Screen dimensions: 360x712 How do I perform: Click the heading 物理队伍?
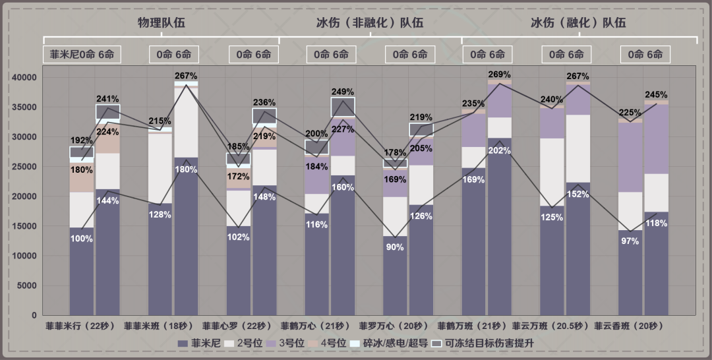pos(161,22)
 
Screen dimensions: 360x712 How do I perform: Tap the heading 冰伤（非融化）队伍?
pos(364,22)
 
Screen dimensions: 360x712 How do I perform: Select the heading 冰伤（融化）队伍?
pos(578,22)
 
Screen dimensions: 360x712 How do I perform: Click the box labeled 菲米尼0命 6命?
pos(82,54)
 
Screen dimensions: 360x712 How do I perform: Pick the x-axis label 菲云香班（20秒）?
pos(629,326)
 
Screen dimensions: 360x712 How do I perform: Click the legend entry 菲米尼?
pos(199,343)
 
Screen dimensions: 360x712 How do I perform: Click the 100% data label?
pos(82,239)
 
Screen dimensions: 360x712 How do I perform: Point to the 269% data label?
pos(500,74)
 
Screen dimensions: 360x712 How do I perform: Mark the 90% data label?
pos(395,247)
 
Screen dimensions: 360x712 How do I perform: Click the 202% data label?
pos(500,150)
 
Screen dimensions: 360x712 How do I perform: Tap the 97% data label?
pos(630,241)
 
